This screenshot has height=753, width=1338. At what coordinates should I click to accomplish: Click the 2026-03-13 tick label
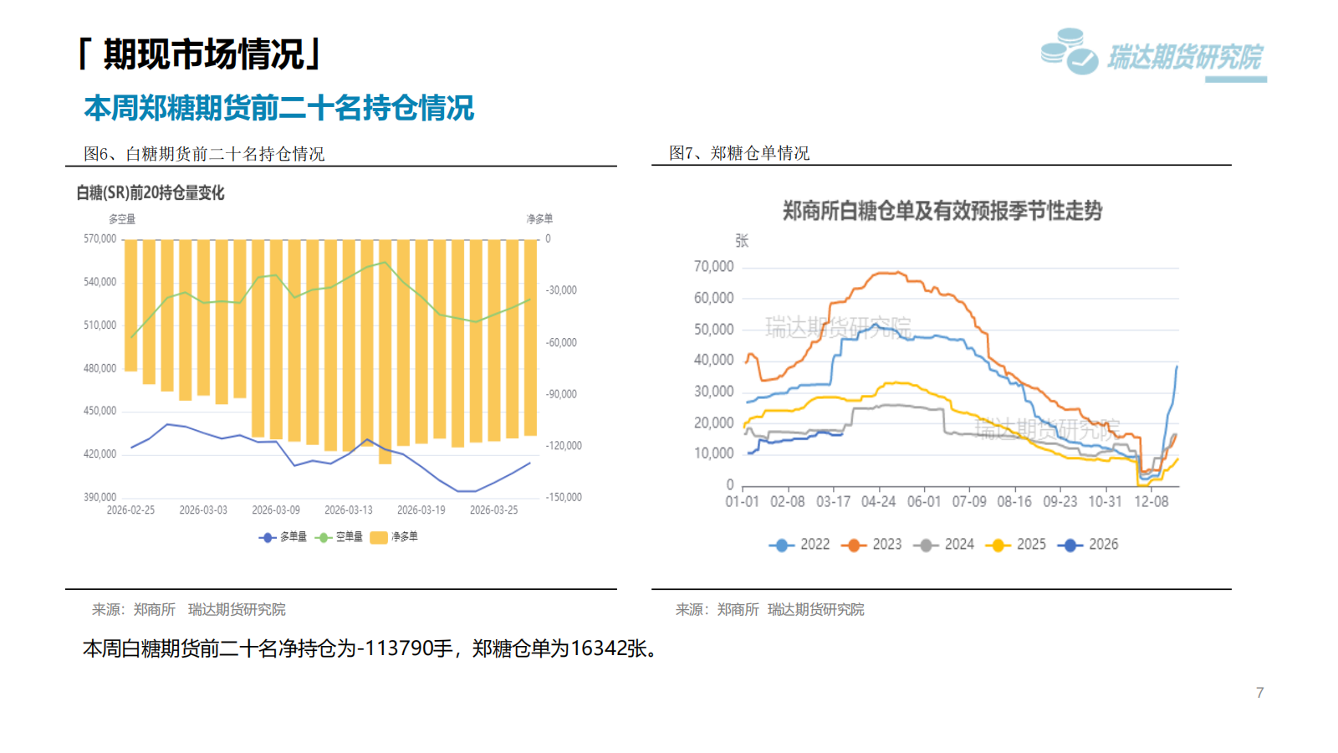coord(348,510)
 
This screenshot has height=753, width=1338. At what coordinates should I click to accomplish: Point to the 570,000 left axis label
coord(100,238)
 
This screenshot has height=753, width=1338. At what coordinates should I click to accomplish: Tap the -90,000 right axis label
coord(561,394)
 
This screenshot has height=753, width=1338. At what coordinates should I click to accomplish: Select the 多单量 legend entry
coord(283,537)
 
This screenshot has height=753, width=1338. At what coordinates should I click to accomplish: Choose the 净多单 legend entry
coord(395,537)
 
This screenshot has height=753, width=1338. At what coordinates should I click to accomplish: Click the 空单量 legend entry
coord(340,537)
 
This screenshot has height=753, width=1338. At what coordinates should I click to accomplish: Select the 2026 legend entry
coord(1090,545)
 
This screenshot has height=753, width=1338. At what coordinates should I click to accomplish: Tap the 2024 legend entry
coord(947,545)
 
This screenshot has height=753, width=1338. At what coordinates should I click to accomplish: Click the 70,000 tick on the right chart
coord(713,266)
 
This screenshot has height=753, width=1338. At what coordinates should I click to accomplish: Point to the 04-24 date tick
coord(878,501)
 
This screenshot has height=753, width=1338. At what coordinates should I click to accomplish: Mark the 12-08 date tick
coord(1151,501)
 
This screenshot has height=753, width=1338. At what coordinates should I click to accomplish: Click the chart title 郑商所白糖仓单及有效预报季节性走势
coord(942,211)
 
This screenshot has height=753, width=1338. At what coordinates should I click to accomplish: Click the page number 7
coord(1259,693)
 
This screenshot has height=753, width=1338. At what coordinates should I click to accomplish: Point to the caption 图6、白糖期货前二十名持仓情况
coord(204,154)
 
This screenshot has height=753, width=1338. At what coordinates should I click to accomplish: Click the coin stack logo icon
coord(1069,52)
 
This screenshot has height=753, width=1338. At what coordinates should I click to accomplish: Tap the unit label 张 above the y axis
coord(742,241)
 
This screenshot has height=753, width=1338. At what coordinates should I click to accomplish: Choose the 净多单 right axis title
coord(539,219)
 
